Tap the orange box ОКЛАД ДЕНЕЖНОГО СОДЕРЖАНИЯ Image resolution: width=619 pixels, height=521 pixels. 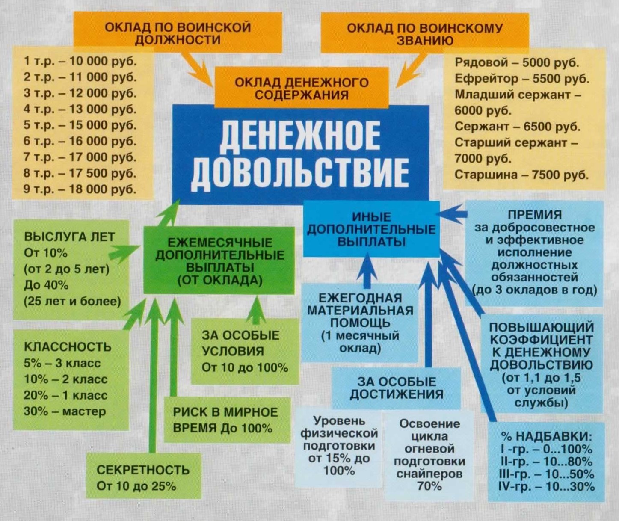[x=302, y=88]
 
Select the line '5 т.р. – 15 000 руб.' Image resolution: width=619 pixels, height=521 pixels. [x=80, y=125]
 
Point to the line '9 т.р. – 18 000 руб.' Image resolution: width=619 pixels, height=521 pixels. [x=80, y=189]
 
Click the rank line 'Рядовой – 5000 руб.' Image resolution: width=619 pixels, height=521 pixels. [x=517, y=62]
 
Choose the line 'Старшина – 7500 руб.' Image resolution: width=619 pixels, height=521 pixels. [x=521, y=175]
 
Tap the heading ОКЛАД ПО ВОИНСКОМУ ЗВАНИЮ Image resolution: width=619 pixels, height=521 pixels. [x=424, y=34]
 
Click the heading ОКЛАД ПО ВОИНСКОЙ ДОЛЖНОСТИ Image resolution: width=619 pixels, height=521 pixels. [x=178, y=33]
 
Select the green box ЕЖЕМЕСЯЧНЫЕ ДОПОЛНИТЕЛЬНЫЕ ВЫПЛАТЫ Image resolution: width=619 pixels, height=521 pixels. [x=219, y=261]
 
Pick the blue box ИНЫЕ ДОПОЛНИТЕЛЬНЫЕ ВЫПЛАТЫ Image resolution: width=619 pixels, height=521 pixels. [x=371, y=229]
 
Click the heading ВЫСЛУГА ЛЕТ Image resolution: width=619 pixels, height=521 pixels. [x=69, y=237]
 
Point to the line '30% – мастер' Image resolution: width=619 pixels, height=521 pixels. [x=65, y=411]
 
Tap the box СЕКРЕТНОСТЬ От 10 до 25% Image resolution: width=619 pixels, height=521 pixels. [x=143, y=477]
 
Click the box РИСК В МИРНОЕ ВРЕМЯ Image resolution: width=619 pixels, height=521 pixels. [x=225, y=420]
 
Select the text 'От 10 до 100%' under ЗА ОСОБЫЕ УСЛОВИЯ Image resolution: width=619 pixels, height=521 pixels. [x=245, y=367]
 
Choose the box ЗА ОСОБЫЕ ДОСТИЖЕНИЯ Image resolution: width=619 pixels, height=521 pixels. [x=396, y=388]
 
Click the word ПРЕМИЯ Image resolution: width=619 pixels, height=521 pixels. [x=535, y=215]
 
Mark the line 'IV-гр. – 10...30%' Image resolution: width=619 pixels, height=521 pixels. [x=546, y=486]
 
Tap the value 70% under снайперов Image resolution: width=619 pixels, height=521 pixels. [x=429, y=486]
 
